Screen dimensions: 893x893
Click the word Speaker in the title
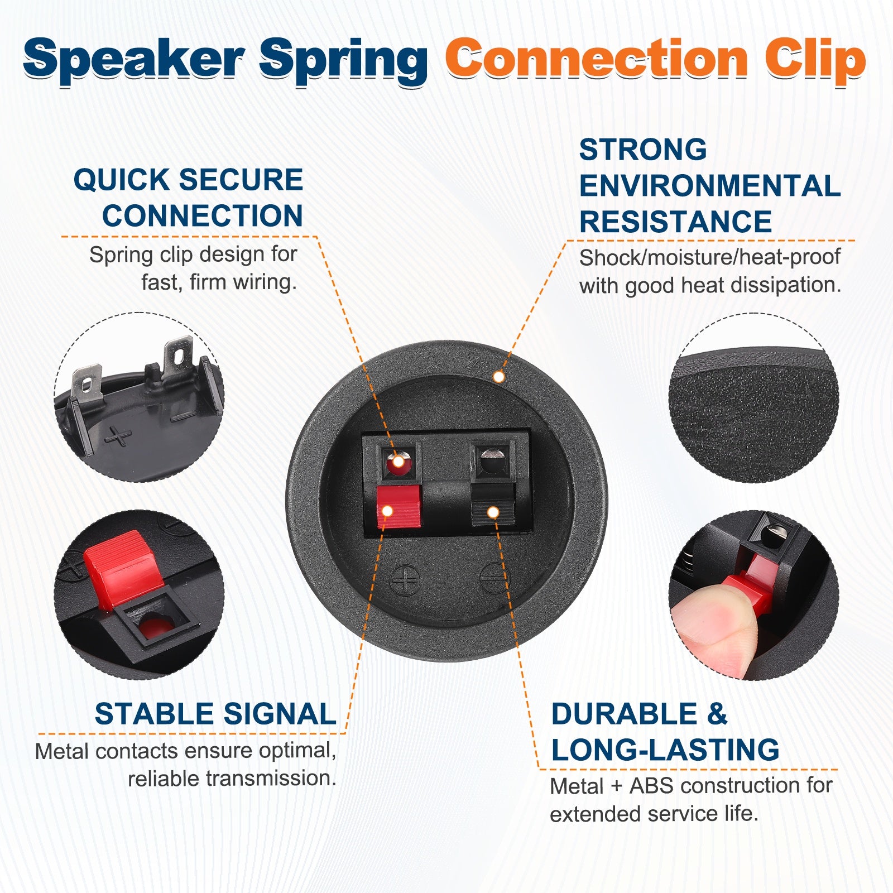tap(134, 60)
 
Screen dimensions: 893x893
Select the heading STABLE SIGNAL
tap(215, 714)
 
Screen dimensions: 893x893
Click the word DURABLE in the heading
tap(624, 714)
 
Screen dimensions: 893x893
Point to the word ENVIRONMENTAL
tap(710, 186)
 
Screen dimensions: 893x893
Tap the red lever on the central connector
tap(399, 506)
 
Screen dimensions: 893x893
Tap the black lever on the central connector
tap(493, 505)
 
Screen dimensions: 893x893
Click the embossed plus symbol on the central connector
tap(406, 580)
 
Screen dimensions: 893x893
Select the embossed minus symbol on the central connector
tap(494, 578)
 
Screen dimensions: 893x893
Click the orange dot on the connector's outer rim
tap(499, 377)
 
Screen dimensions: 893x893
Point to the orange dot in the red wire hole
tap(399, 462)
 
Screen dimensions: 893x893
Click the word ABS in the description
tap(650, 786)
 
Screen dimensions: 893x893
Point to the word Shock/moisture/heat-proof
tap(710, 257)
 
